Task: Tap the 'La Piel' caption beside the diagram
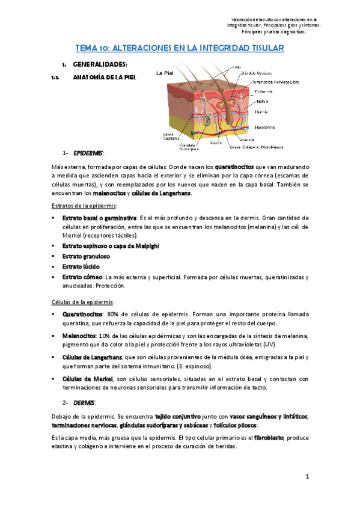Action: (x=165, y=73)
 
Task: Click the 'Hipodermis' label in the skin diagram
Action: (x=266, y=127)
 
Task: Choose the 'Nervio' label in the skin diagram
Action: (x=263, y=101)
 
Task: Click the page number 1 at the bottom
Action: (x=307, y=477)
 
